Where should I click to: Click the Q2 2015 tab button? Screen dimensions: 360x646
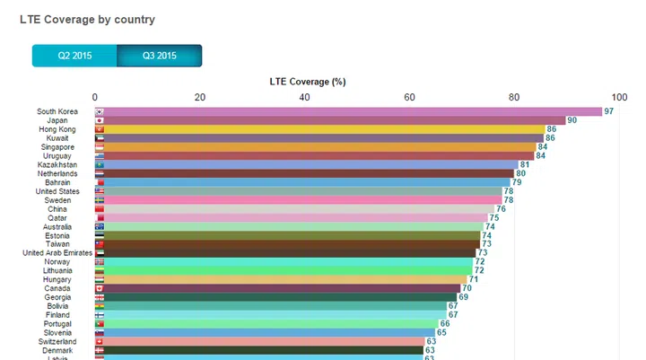(74, 56)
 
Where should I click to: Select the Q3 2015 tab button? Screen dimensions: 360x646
(159, 56)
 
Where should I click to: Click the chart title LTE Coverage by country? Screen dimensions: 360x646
(87, 19)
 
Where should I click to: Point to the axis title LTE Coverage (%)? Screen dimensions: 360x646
(308, 82)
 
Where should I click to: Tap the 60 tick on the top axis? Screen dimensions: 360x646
(410, 97)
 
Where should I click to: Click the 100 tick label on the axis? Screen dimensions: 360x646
(618, 97)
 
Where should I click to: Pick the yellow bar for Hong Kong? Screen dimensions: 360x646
(324, 129)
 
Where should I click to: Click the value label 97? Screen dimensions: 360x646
(608, 111)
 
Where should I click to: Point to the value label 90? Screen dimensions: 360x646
(572, 120)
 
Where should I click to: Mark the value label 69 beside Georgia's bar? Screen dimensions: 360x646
(463, 297)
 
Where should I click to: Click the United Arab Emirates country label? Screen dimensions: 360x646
(57, 253)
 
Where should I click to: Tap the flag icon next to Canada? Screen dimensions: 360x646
(100, 288)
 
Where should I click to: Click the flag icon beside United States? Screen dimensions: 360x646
(100, 191)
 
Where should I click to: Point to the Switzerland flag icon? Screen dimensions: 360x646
(100, 341)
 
